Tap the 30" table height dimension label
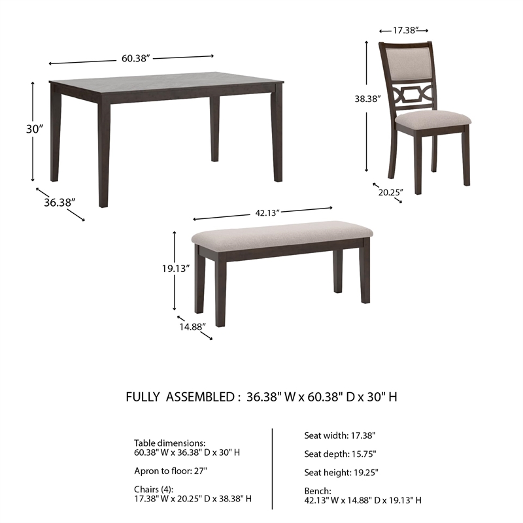click(x=35, y=129)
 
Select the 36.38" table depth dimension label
click(x=60, y=203)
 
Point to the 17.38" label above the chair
click(x=403, y=30)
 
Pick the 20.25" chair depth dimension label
click(x=390, y=192)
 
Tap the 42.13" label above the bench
click(x=267, y=212)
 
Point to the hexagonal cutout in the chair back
click(x=412, y=92)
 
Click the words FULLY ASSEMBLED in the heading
click(x=178, y=397)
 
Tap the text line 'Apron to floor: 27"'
click(x=171, y=471)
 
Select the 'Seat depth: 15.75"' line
click(x=340, y=453)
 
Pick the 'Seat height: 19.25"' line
click(x=341, y=472)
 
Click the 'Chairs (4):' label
click(x=154, y=489)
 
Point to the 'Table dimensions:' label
click(x=169, y=443)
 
